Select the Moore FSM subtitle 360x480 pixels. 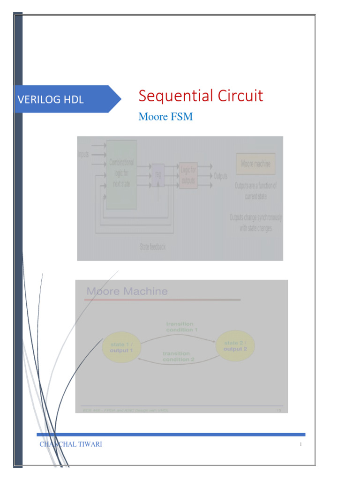(165, 117)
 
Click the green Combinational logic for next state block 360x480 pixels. (121, 173)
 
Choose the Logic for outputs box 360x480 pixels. (188, 175)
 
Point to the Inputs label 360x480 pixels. (83, 154)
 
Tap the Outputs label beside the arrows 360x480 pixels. (221, 177)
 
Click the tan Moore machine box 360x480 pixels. (255, 164)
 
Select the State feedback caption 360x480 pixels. (153, 247)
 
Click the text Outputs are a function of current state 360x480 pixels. (255, 191)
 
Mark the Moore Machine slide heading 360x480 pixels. (127, 291)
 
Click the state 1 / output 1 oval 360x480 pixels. (121, 347)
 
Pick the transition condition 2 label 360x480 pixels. (176, 356)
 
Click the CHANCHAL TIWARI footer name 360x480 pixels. (71, 444)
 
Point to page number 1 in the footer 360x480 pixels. (300, 445)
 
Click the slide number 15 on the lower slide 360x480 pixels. (278, 410)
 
